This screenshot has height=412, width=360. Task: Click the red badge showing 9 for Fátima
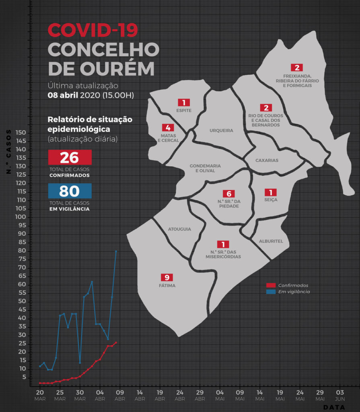[167, 278]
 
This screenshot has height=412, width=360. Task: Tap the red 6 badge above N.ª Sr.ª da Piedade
[228, 194]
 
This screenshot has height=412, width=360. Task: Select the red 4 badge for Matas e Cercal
[168, 128]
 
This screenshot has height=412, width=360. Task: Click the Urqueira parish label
[221, 130]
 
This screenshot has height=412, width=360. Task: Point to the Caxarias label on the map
[267, 160]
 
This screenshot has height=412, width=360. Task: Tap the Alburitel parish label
[271, 241]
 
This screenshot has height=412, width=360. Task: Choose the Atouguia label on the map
[179, 229]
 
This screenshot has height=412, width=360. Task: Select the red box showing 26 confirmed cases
[70, 157]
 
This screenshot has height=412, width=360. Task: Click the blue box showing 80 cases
[70, 191]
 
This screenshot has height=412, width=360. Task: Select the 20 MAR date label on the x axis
[40, 395]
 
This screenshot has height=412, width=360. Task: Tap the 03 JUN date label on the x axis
[340, 395]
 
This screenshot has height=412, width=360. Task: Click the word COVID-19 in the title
[93, 29]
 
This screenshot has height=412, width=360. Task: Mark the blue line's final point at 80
[116, 251]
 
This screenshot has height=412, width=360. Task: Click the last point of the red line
[116, 342]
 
